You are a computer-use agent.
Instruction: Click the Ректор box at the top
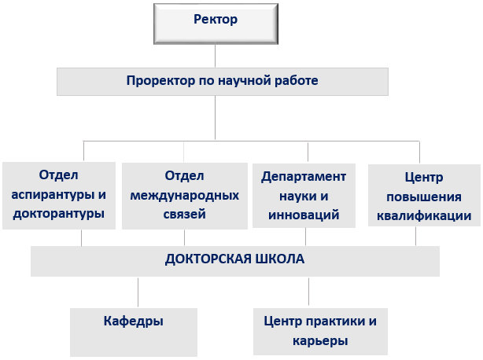pos(216,24)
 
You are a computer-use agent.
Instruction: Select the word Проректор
pos(160,81)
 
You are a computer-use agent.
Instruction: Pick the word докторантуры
pos(58,214)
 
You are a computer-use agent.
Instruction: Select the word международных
pos(185,196)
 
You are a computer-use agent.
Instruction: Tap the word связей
pos(185,215)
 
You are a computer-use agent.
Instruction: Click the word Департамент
pos(304,177)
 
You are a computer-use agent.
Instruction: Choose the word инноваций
pos(304,215)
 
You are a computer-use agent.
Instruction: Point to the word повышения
pos(424,197)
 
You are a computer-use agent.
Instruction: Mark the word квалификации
pos(424,216)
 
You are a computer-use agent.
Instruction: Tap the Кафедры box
pos(134,332)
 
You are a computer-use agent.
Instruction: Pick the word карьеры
pos(320,341)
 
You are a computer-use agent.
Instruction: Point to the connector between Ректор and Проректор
pos(215,56)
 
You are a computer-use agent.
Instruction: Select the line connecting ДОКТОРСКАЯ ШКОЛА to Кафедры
pos(138,292)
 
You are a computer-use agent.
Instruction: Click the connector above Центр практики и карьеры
pos(308,292)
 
